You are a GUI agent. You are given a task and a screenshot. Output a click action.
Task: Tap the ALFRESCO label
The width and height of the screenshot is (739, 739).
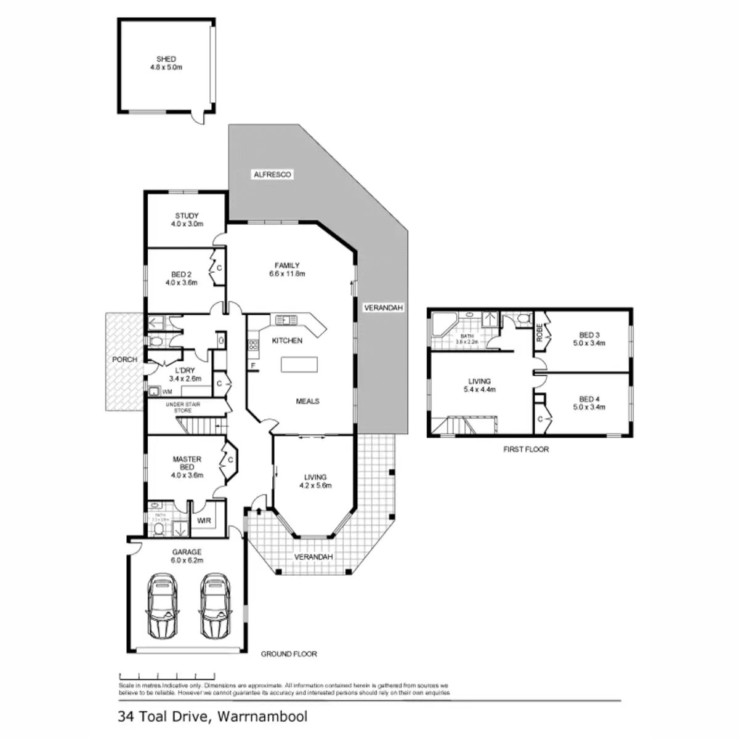point(272,175)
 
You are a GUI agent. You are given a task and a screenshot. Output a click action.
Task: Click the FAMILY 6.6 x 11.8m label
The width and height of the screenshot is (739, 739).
point(287,270)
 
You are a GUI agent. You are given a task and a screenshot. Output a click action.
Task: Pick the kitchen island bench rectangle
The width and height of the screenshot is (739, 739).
point(299,365)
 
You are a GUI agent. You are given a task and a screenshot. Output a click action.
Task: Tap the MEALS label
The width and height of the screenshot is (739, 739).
point(307,402)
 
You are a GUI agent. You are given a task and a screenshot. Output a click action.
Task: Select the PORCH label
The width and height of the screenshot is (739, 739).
point(124,359)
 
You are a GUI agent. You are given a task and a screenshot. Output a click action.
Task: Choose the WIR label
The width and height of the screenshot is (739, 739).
point(204,521)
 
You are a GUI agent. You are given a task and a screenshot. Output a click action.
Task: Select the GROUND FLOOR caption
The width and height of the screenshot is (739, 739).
point(289,654)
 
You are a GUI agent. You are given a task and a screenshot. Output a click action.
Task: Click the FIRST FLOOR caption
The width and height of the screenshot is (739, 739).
point(525,450)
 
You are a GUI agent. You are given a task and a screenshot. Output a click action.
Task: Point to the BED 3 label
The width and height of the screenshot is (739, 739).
point(589,339)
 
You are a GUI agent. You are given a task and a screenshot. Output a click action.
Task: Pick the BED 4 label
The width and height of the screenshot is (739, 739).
point(589,403)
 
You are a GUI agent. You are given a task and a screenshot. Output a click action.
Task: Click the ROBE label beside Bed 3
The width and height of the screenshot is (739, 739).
point(540,333)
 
